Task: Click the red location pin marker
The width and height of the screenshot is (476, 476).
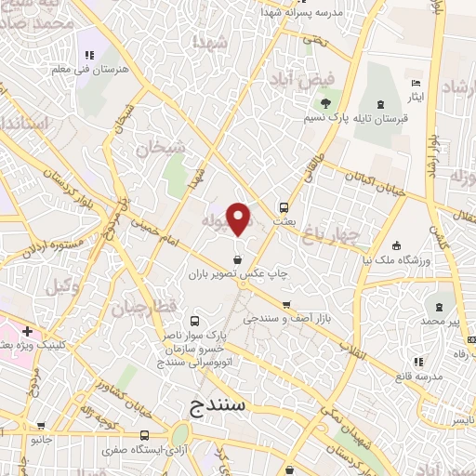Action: [239, 219]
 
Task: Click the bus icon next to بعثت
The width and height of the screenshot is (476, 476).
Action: [284, 207]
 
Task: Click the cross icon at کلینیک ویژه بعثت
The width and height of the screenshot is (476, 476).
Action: [28, 331]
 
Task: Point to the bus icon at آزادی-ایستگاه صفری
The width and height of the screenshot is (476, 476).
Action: [144, 435]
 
